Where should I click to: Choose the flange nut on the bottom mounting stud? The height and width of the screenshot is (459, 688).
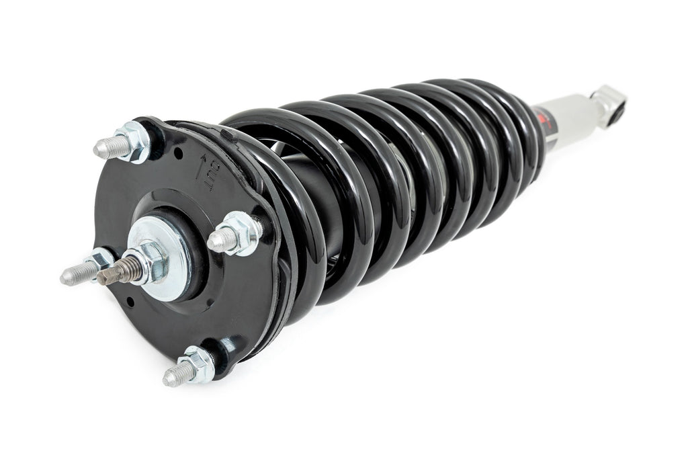point(198,364)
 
